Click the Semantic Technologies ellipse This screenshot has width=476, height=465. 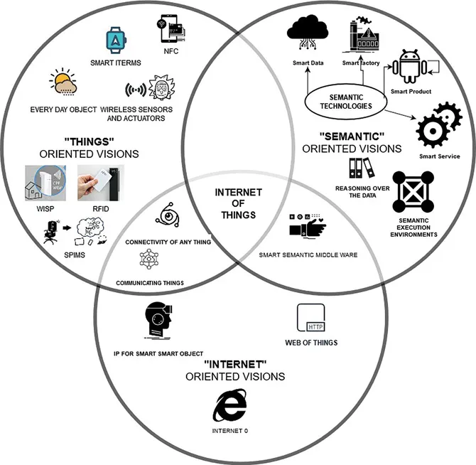(346, 102)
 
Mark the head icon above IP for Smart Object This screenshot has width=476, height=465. (158, 322)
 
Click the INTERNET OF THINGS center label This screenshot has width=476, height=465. (238, 204)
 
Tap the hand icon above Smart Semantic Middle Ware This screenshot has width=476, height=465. (308, 228)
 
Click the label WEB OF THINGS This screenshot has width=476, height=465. (310, 343)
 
